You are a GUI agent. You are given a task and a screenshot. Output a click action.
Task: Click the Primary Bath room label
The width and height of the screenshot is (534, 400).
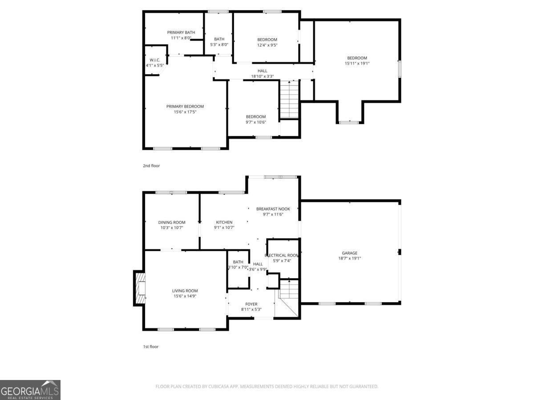click(181, 35)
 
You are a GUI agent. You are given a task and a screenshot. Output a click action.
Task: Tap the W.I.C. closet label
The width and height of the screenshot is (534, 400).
click(155, 63)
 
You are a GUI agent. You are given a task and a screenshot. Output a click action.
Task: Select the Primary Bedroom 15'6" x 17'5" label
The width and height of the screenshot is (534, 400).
click(185, 109)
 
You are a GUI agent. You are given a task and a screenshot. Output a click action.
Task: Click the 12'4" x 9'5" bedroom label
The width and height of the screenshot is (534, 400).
click(267, 42)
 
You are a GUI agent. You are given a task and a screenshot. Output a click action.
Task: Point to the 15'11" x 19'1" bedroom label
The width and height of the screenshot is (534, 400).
click(357, 60)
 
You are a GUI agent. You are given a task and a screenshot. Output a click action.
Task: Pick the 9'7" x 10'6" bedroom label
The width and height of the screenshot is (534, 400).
click(256, 120)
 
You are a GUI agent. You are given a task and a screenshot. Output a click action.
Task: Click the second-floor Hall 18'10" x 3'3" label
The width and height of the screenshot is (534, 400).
click(263, 73)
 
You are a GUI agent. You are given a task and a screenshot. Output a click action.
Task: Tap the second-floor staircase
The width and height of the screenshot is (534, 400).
click(289, 100)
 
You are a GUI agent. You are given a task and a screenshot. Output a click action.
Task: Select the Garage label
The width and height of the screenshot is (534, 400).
click(349, 256)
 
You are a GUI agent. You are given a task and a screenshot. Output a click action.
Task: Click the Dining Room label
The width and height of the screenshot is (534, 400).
click(172, 225)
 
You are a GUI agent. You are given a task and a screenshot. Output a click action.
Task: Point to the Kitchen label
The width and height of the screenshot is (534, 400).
click(224, 225)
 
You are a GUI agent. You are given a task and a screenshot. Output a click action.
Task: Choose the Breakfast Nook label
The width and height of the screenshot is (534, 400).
click(273, 211)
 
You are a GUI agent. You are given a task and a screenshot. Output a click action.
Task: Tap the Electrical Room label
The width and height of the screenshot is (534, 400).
click(282, 258)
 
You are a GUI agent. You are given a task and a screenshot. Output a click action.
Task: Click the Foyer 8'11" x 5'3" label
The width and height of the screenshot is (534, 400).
click(251, 307)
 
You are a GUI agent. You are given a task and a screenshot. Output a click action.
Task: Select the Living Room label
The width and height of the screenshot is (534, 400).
click(185, 293)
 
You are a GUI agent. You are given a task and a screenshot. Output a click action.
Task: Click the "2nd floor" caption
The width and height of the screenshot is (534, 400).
click(151, 166)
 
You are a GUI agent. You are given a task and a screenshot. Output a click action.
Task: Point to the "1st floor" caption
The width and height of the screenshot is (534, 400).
click(151, 347)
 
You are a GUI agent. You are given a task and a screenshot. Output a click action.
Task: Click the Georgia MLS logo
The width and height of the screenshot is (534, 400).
click(30, 390)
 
